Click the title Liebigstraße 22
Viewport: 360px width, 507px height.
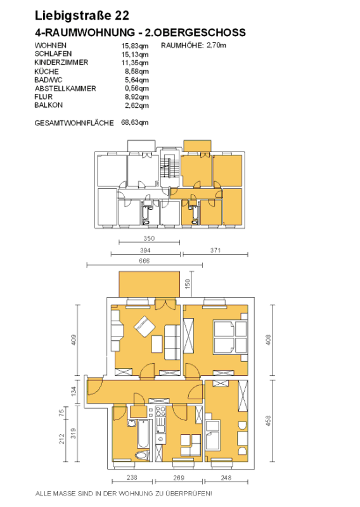tap(82, 15)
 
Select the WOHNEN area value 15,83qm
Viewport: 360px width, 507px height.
tap(135, 46)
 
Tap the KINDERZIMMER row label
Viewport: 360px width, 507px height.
tap(61, 62)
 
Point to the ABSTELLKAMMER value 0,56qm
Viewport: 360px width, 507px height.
tap(137, 88)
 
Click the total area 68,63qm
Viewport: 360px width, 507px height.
tap(135, 122)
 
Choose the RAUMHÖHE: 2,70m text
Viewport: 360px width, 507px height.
tap(193, 46)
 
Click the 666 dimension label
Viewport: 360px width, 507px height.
tap(145, 260)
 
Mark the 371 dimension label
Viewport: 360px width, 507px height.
tap(215, 250)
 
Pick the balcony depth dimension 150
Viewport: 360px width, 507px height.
tap(188, 284)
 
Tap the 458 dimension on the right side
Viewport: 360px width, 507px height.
tap(268, 420)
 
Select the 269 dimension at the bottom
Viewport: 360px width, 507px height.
tap(179, 478)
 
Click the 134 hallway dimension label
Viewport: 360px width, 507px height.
tap(74, 391)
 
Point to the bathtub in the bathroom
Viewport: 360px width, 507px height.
tap(143, 434)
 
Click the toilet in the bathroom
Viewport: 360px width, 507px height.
tap(143, 455)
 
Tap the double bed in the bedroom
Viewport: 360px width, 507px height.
tap(230, 337)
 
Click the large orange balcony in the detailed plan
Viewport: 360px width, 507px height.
tap(150, 284)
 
